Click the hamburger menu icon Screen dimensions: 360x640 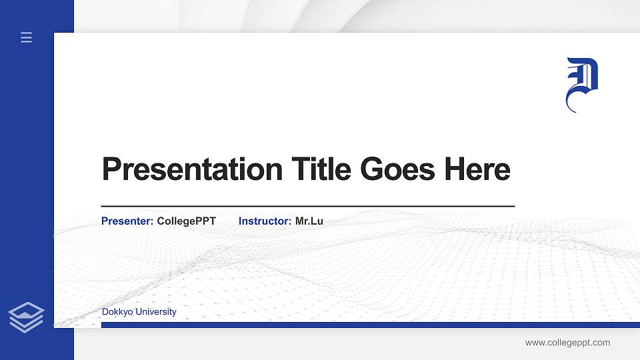coord(27,38)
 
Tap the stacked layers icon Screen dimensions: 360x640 coord(27,317)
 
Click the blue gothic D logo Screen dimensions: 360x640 coord(581,84)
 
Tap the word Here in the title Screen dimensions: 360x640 coord(477,169)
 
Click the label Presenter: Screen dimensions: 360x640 coord(127,221)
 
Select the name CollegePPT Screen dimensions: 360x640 coord(187,221)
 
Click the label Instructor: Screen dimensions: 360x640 coord(265,221)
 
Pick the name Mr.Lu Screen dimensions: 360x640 coord(309,221)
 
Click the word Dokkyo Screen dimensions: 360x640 coord(117,312)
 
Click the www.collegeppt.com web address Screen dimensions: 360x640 coord(567,343)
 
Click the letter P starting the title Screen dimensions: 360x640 coord(112,169)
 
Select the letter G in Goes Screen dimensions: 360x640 coord(373,169)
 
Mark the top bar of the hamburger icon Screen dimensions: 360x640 coord(27,33)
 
